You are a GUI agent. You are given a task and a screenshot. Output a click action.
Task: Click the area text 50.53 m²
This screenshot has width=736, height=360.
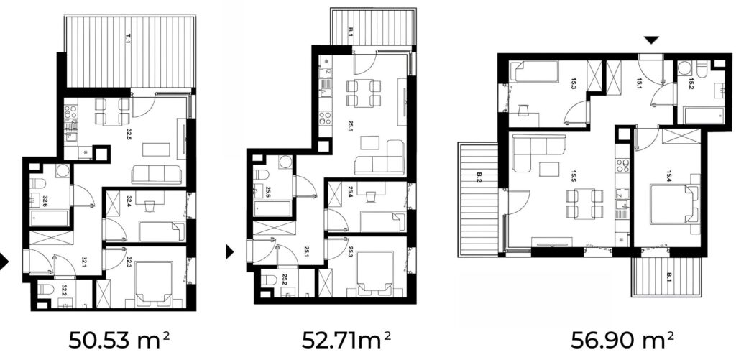(119, 340)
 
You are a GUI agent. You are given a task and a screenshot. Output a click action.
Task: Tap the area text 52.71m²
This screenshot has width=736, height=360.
(346, 340)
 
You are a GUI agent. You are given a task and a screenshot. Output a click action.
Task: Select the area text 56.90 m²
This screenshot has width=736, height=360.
(622, 340)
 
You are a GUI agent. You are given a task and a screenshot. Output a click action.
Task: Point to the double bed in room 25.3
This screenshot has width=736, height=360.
(374, 273)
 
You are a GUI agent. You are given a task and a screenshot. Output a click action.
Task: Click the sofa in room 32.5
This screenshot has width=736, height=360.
(156, 175)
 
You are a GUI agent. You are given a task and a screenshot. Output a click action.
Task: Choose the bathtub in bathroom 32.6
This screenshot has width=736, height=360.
(50, 218)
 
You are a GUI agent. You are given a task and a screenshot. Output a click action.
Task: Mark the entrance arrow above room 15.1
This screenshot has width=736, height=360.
(651, 40)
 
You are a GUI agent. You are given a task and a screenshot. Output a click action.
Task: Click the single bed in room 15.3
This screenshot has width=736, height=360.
(535, 71)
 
